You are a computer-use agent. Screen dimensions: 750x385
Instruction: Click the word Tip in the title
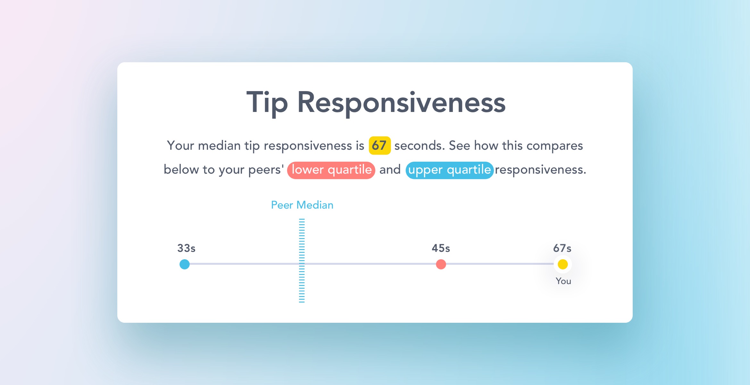point(267,103)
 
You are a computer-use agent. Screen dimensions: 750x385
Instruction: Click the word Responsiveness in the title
point(401,103)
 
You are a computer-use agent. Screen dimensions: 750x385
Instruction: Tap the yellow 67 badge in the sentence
point(379,145)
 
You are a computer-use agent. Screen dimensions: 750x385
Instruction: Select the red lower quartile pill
point(331,170)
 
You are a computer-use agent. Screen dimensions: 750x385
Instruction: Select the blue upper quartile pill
point(449,170)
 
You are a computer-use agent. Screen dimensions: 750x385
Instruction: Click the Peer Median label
point(302,205)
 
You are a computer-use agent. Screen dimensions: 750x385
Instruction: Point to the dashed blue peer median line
point(302,261)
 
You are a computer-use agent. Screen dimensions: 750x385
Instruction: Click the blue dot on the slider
point(185,264)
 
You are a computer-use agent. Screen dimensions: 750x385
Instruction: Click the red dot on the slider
point(441,264)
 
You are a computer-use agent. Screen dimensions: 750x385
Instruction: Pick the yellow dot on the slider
point(563,264)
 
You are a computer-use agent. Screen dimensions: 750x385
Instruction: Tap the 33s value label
point(186,248)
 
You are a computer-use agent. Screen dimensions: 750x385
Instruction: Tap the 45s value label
point(441,248)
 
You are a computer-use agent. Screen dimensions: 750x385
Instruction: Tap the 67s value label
point(562,248)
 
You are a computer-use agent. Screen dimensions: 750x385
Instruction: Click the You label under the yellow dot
point(563,281)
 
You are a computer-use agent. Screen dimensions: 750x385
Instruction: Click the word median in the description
point(219,146)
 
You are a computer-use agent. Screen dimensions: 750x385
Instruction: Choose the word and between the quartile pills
point(390,169)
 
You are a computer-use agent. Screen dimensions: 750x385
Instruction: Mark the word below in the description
point(181,169)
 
